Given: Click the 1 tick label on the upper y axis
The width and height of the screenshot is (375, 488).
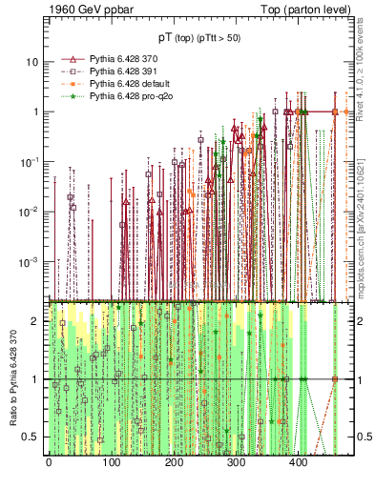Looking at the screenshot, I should (x=35, y=112).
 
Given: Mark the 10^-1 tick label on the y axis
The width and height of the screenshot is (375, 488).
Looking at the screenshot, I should (x=30, y=161).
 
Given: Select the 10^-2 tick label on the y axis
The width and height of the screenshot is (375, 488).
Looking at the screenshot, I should (x=30, y=211).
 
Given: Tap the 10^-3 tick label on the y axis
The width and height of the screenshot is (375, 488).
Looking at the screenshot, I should (x=30, y=260).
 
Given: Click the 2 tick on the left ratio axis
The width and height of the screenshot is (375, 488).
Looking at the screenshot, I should (x=36, y=321).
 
